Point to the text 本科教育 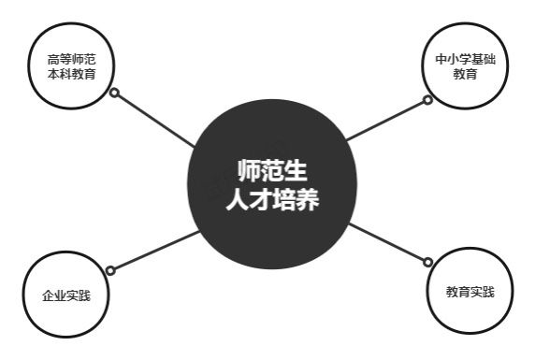tap(72, 75)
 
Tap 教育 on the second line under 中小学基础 tap(464, 75)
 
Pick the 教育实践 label tap(470, 292)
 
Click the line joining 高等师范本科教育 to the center tap(154, 120)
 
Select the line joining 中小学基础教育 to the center tap(385, 119)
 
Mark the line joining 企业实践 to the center tap(154, 252)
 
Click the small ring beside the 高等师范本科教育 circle tap(114, 94)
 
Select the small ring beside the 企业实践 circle tap(110, 271)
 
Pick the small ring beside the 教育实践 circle tap(428, 263)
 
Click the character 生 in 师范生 tap(296, 171)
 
